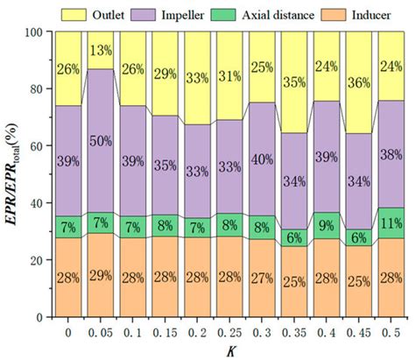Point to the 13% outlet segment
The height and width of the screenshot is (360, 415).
[x=102, y=51]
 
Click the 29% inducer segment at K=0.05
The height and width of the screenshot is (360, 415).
[x=102, y=276]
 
